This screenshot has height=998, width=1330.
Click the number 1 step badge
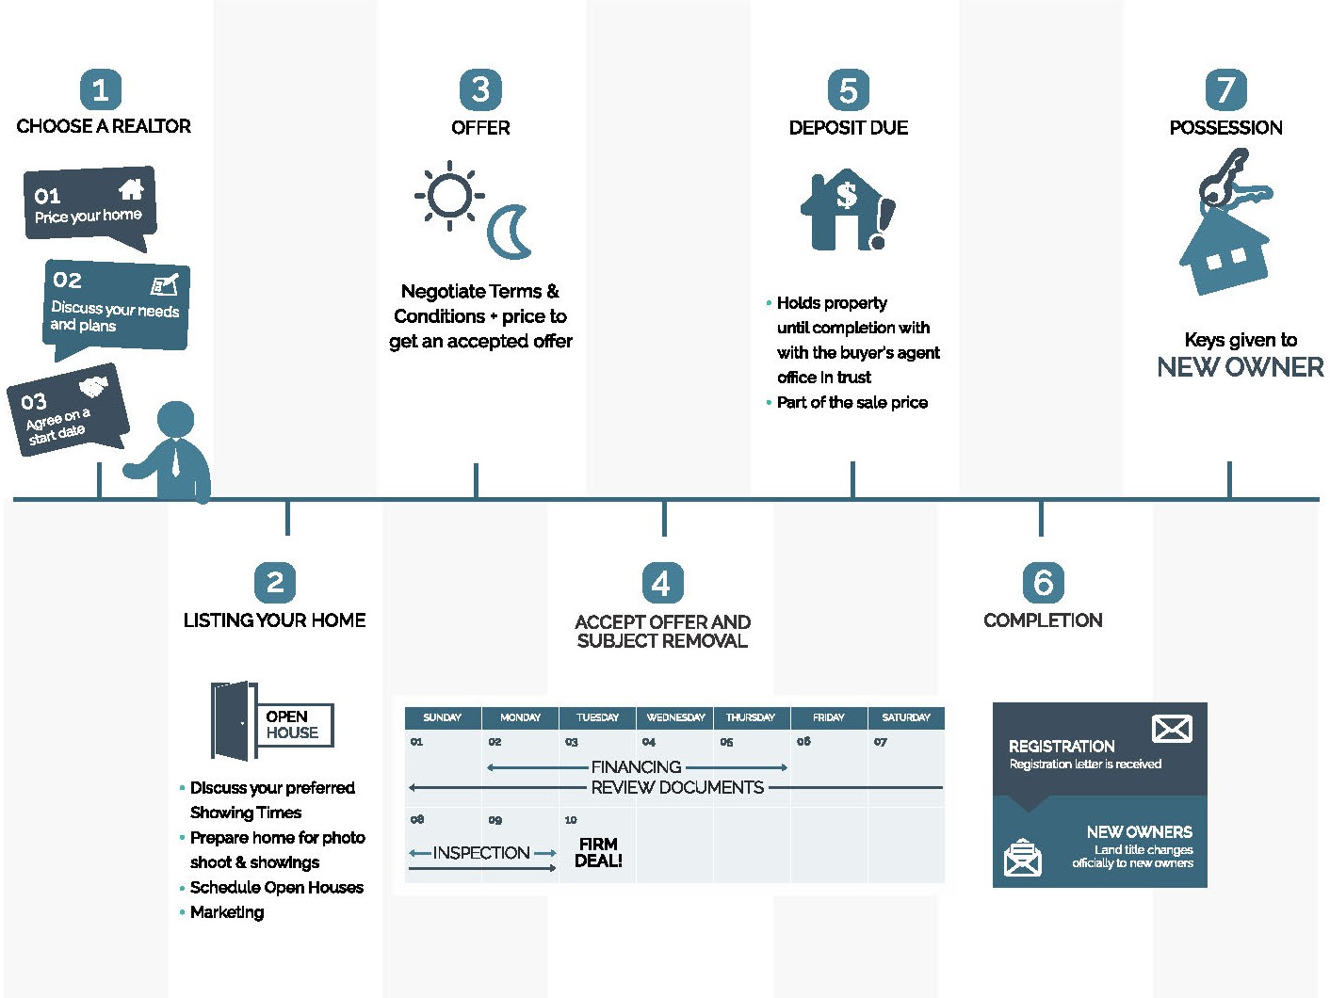[x=101, y=90]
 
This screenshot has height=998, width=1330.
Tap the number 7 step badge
[x=1225, y=90]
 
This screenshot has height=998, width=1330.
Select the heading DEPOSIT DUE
[x=849, y=128]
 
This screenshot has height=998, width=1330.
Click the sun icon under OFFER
[x=449, y=196]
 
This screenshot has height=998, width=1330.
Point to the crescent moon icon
[x=509, y=233]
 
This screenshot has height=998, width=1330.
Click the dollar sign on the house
[x=847, y=194]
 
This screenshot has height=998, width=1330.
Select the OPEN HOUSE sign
[x=294, y=725]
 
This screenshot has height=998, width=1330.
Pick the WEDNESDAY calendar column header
[x=675, y=717]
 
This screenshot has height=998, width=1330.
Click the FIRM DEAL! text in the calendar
[x=598, y=853]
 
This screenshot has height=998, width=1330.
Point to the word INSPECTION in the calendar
[x=481, y=853]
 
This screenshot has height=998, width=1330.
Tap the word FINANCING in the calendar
[x=636, y=767]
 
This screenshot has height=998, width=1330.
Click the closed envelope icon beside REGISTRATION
[x=1172, y=729]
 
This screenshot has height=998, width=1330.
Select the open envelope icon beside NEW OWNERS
[x=1023, y=858]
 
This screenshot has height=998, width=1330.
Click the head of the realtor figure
[x=176, y=419]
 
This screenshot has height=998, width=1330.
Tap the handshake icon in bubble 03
[x=94, y=386]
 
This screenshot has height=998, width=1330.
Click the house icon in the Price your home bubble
[x=131, y=189]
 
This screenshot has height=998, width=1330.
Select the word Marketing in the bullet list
[x=227, y=912]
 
